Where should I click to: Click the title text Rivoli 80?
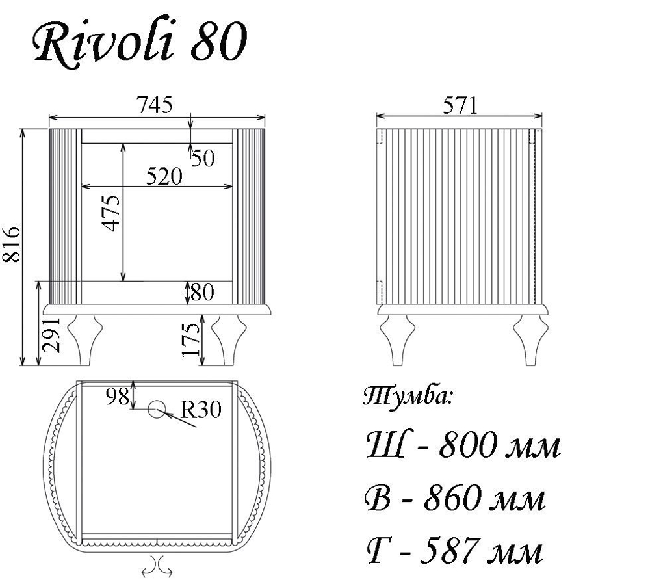(138, 44)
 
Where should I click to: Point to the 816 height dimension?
(12, 245)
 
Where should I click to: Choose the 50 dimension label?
(202, 158)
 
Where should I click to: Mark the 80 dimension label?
(202, 293)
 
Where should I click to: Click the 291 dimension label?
(51, 335)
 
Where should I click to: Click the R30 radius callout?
(201, 410)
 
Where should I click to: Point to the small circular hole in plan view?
(157, 409)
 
